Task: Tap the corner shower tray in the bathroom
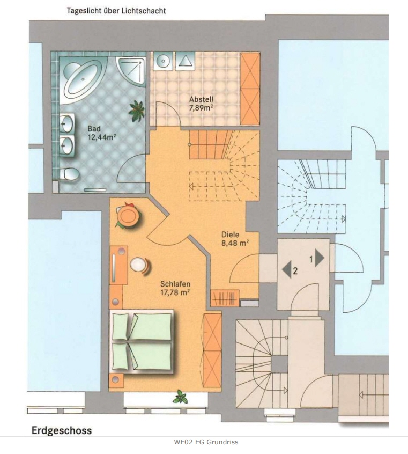(131, 71)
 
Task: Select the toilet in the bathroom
(69, 174)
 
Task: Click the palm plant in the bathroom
(137, 111)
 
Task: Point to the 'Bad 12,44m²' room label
(102, 133)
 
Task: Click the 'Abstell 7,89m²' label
(202, 104)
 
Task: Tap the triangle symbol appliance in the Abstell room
(185, 61)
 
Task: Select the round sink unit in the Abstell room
(163, 61)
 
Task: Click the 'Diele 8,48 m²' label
(235, 239)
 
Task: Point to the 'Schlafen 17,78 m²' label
(175, 288)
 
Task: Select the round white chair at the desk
(140, 265)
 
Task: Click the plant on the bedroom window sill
(180, 397)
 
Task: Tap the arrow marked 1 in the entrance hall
(320, 258)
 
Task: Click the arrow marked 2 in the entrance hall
(286, 269)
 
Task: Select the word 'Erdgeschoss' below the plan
(62, 430)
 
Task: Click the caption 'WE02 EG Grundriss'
(206, 442)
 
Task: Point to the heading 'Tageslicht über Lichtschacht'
(116, 11)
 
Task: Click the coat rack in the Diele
(225, 298)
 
